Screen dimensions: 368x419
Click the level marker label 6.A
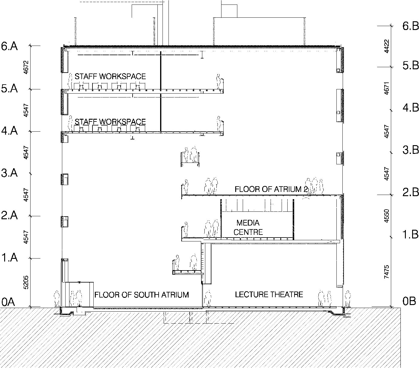(10, 46)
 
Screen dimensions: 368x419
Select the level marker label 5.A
(10, 89)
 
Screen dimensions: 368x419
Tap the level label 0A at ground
(8, 302)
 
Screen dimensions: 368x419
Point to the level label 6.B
(410, 26)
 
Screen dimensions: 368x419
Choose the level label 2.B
(410, 192)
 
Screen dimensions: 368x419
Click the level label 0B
(409, 301)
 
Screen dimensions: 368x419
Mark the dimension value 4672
(26, 67)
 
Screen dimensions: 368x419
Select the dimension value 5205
(26, 282)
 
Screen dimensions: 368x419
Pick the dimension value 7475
(387, 272)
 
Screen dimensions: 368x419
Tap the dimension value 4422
(387, 46)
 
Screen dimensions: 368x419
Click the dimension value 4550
(387, 216)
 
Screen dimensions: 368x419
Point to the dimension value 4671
(387, 89)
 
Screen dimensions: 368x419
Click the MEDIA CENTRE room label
(248, 227)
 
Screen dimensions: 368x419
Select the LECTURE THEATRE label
(269, 295)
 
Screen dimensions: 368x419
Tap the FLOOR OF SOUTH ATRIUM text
(142, 295)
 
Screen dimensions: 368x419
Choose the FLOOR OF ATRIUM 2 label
(268, 189)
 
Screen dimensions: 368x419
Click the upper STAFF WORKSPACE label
(110, 76)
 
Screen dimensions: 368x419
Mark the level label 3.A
(10, 173)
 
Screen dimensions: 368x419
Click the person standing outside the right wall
(347, 298)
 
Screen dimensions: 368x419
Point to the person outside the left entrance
(57, 298)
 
